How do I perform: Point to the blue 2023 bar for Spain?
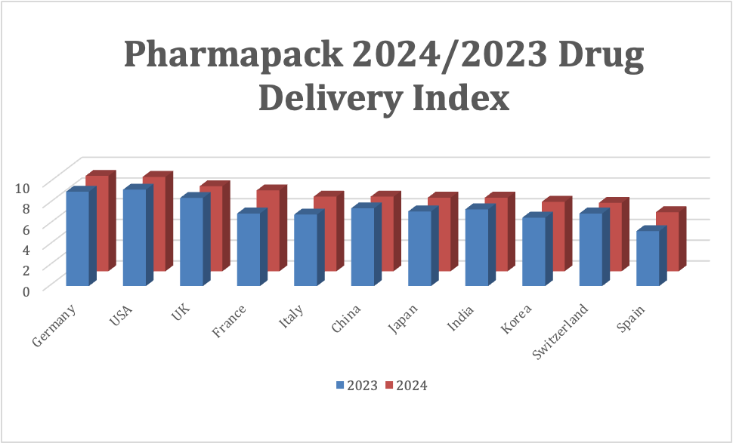(x=648, y=258)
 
